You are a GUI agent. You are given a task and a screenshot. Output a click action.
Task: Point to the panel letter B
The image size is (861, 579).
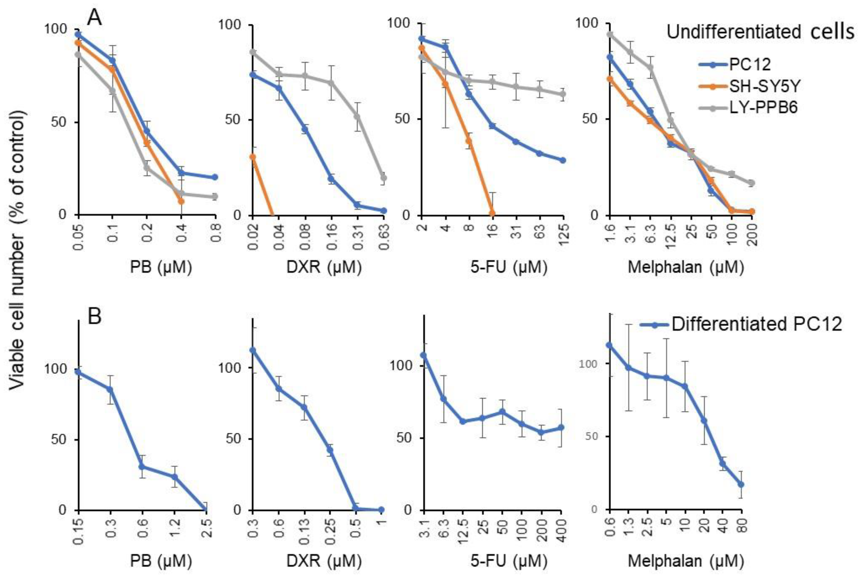click(95, 317)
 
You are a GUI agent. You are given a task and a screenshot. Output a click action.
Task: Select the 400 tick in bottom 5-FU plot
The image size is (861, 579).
click(561, 529)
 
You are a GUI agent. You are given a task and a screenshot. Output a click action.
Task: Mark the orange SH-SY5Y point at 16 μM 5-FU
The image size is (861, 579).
click(492, 213)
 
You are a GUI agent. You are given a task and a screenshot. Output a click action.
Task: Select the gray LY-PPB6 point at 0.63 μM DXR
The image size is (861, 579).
click(383, 178)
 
